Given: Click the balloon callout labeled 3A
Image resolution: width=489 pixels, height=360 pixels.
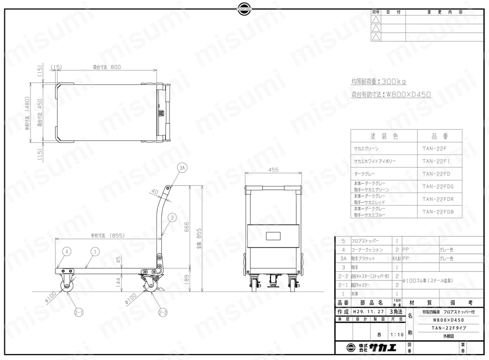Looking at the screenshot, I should (183, 169).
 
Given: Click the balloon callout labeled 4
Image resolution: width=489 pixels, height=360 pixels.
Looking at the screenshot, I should (66, 252).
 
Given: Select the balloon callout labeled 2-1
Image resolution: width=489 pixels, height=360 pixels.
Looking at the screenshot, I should (78, 312).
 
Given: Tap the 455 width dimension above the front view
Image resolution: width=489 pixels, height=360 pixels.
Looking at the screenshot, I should (273, 170).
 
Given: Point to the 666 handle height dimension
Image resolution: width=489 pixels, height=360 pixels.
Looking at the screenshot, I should (186, 225).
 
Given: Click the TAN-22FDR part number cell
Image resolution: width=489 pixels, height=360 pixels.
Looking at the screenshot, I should (438, 199).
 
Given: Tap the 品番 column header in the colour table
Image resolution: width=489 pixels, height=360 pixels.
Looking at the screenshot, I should (438, 136).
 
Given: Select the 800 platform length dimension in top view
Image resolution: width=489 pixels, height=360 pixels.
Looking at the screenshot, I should (109, 67).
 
